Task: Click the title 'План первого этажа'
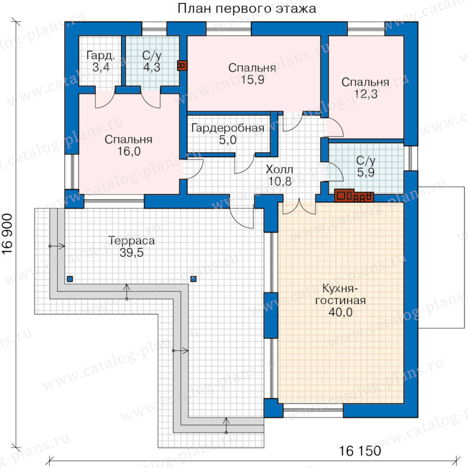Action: (247, 9)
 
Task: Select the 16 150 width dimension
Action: (360, 450)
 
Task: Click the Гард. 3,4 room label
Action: (100, 61)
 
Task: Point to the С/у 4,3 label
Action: (152, 61)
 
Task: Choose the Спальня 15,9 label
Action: (252, 74)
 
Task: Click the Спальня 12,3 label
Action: (366, 88)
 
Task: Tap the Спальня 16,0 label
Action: (128, 146)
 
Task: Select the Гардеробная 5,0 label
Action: (228, 134)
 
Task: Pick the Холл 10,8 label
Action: (280, 175)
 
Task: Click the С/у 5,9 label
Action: (366, 166)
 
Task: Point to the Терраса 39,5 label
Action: (132, 246)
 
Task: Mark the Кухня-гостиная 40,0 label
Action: (340, 300)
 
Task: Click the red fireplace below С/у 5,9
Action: (354, 196)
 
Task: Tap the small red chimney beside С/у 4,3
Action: (182, 66)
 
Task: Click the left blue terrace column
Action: (70, 279)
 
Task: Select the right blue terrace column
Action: (194, 279)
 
